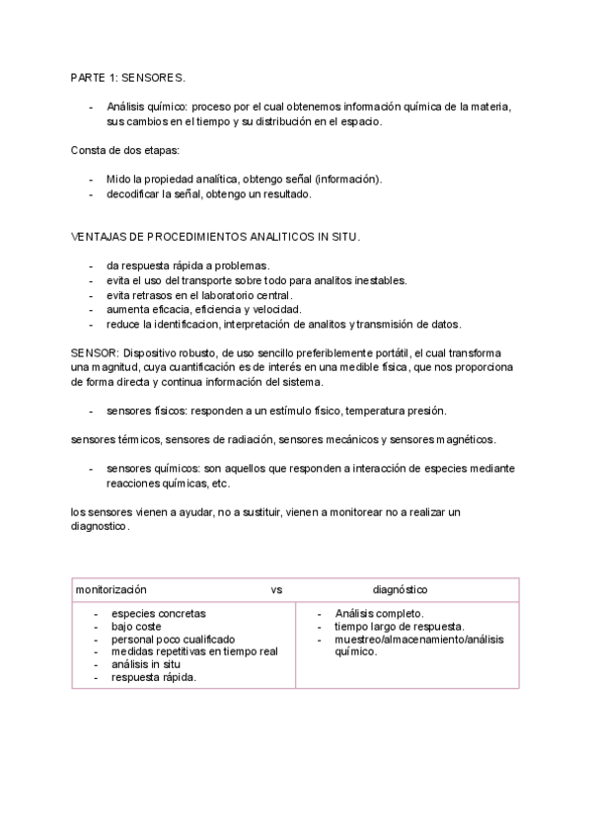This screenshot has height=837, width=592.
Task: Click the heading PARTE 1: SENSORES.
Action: (127, 76)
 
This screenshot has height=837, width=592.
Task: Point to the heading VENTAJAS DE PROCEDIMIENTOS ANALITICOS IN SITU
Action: (216, 237)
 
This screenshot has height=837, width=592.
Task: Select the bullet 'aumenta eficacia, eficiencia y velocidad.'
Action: (204, 310)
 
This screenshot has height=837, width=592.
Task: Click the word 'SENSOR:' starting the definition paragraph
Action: (95, 353)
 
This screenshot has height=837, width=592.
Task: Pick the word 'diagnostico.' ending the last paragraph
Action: (100, 527)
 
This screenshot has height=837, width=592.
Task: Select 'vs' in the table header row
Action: (276, 589)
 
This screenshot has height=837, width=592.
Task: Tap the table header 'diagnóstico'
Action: (400, 589)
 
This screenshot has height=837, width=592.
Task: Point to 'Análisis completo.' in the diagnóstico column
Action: (380, 613)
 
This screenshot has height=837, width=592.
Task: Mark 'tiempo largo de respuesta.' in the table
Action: (400, 626)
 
